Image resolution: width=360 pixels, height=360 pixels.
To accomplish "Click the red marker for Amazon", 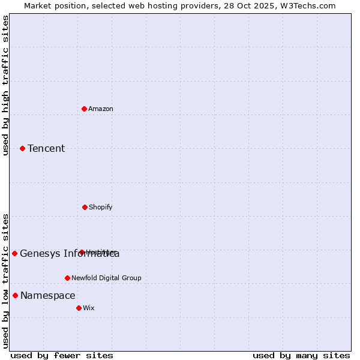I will (x=84, y=109).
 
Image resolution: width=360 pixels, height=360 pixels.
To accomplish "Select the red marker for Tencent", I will (x=22, y=148).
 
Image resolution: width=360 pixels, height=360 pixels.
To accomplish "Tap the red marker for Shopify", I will (x=85, y=207).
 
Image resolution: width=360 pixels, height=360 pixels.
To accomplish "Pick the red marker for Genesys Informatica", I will (x=14, y=253).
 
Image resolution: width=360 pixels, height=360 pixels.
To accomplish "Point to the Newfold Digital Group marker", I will (x=67, y=278).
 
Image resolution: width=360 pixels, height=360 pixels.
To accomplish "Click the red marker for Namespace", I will (x=15, y=295).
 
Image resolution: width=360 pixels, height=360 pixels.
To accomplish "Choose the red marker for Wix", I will (x=79, y=308).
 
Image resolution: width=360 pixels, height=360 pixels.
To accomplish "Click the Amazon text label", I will (x=101, y=109).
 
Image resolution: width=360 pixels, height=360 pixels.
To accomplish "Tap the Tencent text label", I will (x=46, y=148).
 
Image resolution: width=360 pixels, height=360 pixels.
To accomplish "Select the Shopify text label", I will (x=101, y=207).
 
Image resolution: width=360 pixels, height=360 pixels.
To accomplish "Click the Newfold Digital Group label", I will (x=106, y=278).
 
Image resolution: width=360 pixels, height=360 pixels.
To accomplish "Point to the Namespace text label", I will (x=48, y=295).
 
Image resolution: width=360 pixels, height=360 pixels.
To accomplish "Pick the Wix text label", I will (x=89, y=308).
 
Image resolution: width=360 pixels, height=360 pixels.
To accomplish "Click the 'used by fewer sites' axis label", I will (x=62, y=355).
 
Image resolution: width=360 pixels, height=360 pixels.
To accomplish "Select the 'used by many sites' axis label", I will (x=301, y=355).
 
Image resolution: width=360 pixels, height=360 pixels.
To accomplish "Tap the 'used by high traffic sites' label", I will (x=5, y=85).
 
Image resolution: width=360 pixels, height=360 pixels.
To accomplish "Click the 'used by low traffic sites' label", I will (x=5, y=281).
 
